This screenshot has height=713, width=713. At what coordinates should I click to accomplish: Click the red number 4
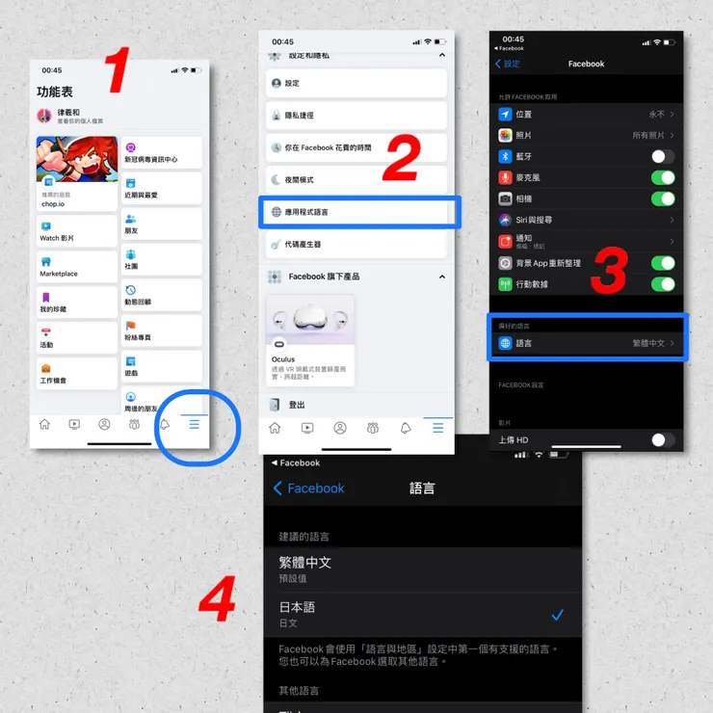[x=218, y=600]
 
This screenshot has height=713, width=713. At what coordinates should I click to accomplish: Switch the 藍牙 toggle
[x=662, y=156]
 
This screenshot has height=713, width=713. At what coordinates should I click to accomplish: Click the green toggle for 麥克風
[x=662, y=177]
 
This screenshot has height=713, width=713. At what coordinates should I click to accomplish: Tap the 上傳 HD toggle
[x=662, y=439]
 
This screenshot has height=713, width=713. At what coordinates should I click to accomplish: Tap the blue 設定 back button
[x=508, y=64]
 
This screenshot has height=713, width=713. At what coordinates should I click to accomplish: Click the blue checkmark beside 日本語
[x=557, y=615]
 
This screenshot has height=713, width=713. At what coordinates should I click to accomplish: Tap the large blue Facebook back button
[x=308, y=489]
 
